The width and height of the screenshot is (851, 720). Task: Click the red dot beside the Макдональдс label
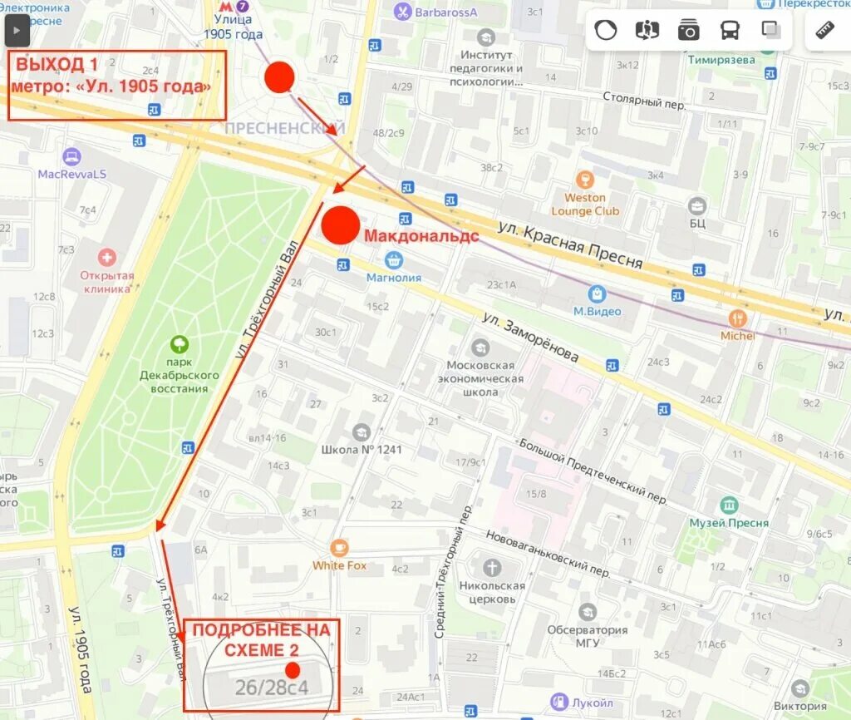[x=340, y=226]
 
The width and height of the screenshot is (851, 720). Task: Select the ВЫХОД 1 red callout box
[x=117, y=85]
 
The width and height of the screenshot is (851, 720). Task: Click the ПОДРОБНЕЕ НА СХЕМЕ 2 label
[x=261, y=639]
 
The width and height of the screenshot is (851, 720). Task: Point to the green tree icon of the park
[x=179, y=344]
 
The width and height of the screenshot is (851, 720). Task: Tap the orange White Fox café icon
[x=339, y=548]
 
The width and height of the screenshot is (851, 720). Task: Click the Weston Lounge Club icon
[x=585, y=180]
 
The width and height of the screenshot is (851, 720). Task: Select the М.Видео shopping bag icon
[x=597, y=293]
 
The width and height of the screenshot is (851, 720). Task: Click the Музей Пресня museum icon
[x=729, y=505]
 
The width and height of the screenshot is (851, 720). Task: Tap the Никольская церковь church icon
[x=492, y=568]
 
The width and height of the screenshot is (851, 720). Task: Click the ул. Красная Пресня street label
[x=570, y=244]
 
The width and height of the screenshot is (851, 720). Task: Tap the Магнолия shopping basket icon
[x=394, y=260]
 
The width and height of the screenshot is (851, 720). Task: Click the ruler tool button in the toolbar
[x=824, y=31]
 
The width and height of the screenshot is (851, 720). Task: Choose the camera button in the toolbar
[x=688, y=31]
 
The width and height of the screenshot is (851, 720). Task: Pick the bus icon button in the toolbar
[x=730, y=31]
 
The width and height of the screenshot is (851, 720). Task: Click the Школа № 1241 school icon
[x=362, y=432]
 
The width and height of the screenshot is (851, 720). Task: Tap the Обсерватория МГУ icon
[x=588, y=612]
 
